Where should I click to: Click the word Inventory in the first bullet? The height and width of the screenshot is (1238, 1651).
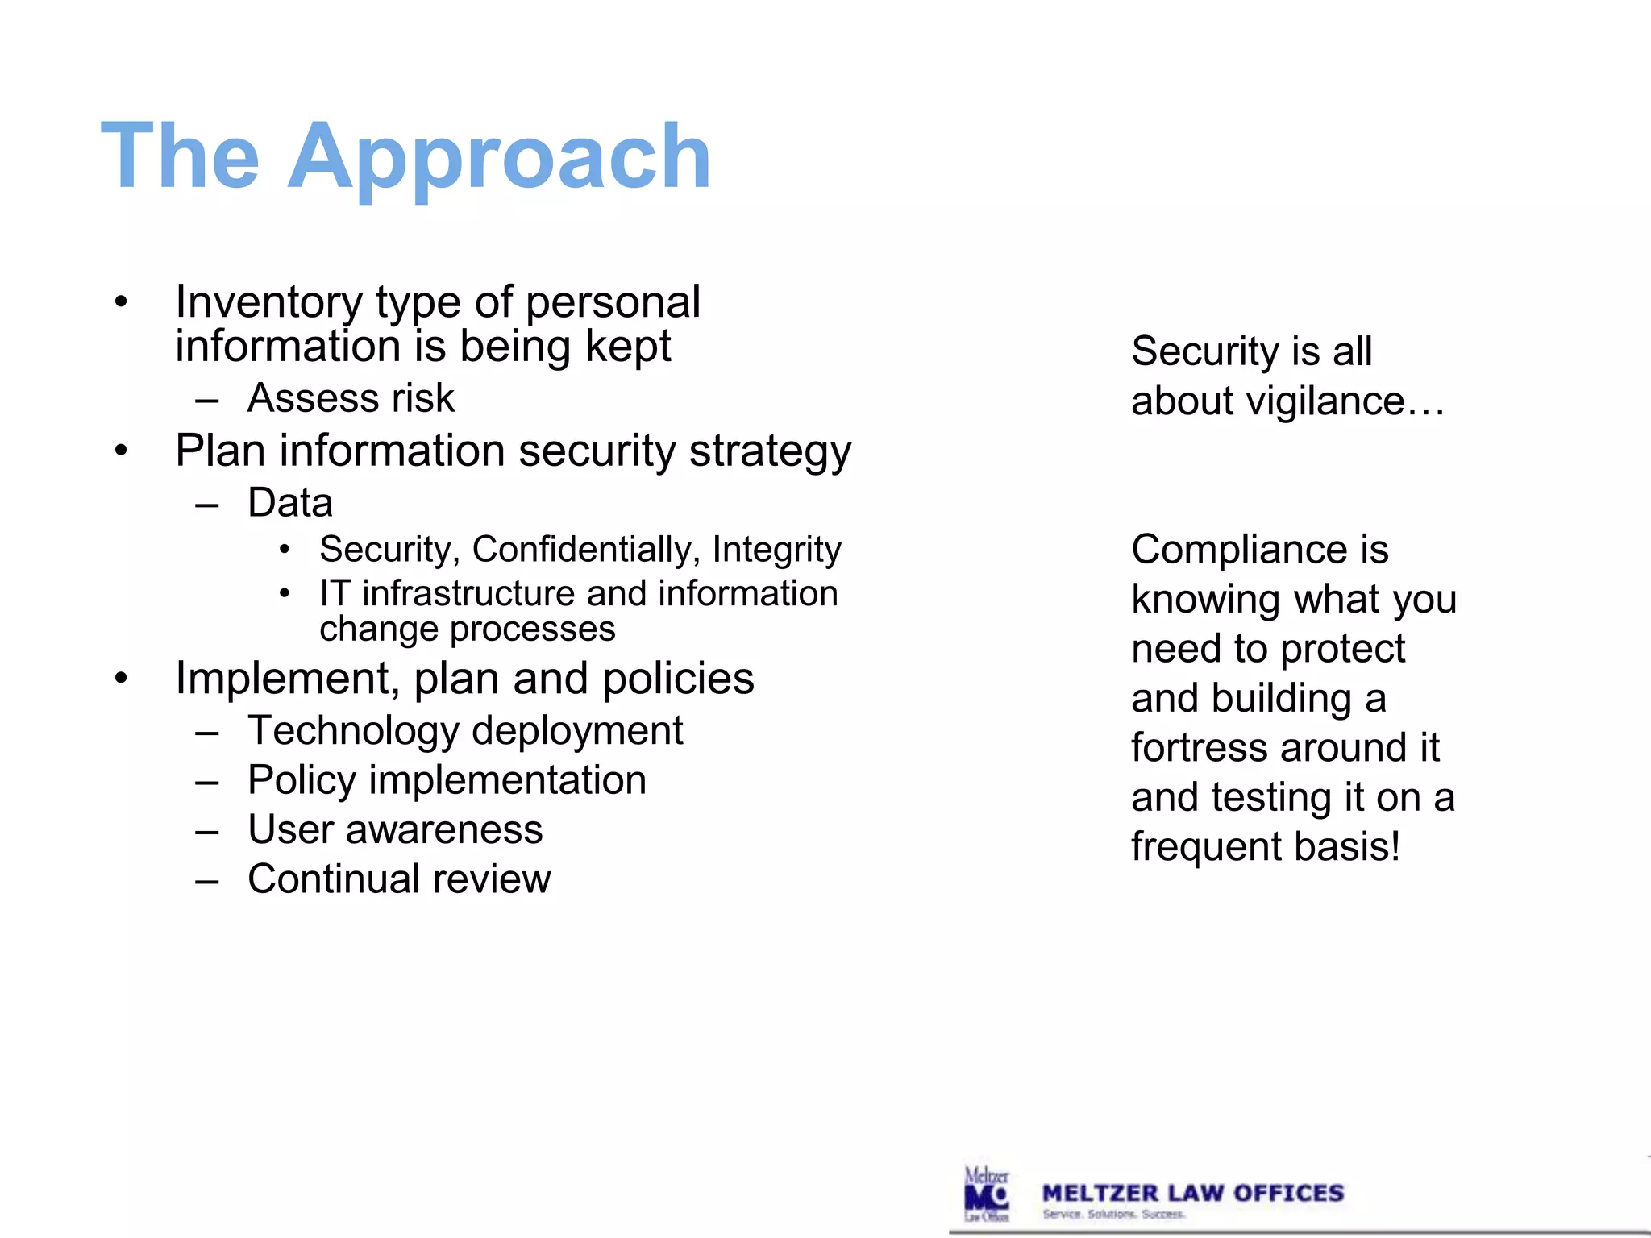tap(268, 302)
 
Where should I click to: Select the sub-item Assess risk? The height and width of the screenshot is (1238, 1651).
tap(351, 398)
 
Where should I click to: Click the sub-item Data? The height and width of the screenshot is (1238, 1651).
tap(290, 503)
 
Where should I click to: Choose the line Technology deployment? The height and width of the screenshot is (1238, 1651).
tap(465, 731)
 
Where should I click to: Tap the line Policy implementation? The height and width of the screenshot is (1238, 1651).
tap(447, 780)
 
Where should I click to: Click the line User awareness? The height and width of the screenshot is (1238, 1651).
tap(395, 829)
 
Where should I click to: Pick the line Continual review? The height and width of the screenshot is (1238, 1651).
tap(399, 879)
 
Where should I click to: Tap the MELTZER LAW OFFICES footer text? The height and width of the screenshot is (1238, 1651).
tap(1192, 1194)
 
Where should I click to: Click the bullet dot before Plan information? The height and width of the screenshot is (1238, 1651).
tap(121, 451)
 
